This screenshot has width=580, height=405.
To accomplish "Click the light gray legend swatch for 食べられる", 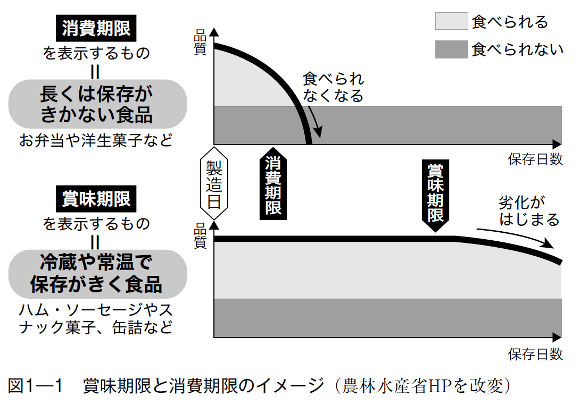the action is [451, 22].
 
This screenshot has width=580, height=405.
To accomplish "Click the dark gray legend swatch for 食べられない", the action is [451, 49].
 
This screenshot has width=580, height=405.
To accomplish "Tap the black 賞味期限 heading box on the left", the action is [96, 199].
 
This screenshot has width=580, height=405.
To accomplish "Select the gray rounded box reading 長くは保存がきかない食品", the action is [96, 105].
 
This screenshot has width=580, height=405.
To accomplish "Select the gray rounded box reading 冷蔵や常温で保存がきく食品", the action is [96, 274].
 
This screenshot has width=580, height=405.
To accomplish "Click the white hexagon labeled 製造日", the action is [214, 183].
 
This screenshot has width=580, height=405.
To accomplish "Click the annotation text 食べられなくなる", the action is [333, 87].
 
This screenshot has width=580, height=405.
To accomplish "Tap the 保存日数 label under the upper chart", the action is [535, 159].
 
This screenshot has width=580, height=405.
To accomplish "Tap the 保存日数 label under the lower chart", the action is [535, 354].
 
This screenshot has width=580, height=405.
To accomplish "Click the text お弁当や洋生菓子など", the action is [96, 141].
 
